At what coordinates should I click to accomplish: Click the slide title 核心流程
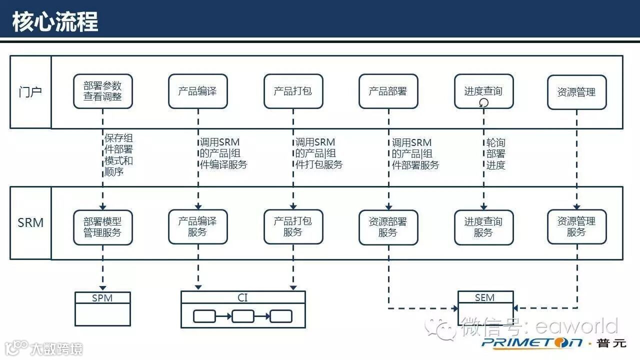click(x=55, y=21)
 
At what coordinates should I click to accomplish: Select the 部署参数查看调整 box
click(x=102, y=91)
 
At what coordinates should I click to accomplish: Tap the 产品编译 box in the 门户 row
click(x=197, y=91)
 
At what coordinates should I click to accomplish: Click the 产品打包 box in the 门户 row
click(x=293, y=91)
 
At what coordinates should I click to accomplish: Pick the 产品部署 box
click(x=388, y=91)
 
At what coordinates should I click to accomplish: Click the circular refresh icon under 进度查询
click(x=483, y=103)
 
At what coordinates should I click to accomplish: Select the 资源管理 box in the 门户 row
click(x=576, y=91)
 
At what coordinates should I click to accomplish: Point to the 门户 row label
click(x=30, y=92)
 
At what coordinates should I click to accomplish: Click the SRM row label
click(x=30, y=222)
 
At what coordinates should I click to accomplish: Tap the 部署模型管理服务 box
click(x=102, y=227)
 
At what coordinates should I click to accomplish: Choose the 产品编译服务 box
click(x=197, y=227)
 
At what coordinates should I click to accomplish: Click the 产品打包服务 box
click(x=293, y=227)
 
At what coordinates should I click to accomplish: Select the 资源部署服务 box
click(x=388, y=227)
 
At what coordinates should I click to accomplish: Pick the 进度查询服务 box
click(x=483, y=227)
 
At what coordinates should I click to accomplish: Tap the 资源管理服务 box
click(x=576, y=227)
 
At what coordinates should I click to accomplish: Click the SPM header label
click(x=102, y=298)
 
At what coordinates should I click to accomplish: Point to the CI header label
click(x=242, y=297)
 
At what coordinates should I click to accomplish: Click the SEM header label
click(x=485, y=297)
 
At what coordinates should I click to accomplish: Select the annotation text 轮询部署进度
click(x=495, y=154)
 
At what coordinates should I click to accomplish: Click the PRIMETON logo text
click(x=532, y=342)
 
